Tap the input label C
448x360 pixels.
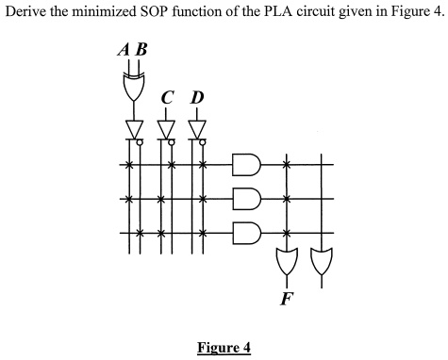167,96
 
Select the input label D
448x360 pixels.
196,96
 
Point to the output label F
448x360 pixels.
286,300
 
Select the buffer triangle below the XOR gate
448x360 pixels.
132,127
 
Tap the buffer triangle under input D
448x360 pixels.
196,127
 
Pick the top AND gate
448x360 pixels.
246,165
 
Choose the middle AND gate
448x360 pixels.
246,199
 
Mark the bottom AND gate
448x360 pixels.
246,232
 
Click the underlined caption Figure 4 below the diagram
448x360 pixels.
224,347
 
